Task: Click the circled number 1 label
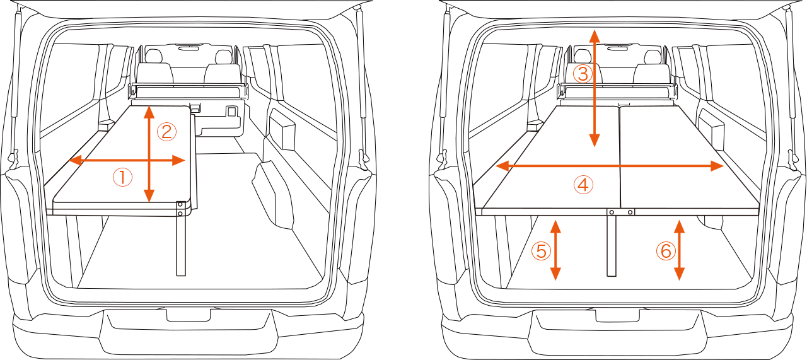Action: coord(122,177)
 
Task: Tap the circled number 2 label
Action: coord(166,132)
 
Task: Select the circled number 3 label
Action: coord(583,74)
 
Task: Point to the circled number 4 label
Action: coord(583,185)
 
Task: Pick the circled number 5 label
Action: coord(541,251)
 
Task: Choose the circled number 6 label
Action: coord(665,251)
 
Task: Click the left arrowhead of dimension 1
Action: coord(74,160)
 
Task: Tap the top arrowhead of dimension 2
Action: coord(149,112)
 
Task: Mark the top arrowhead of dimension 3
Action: coord(594,37)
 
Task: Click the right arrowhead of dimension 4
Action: coord(717,166)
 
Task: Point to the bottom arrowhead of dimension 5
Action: coord(555,274)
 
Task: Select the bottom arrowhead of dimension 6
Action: coord(679,274)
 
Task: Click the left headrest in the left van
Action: coord(154,57)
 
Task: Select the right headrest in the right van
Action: coord(653,57)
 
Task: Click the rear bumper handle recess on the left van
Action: coord(188,315)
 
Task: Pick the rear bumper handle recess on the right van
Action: coord(617,315)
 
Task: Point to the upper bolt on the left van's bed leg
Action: coord(180,204)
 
